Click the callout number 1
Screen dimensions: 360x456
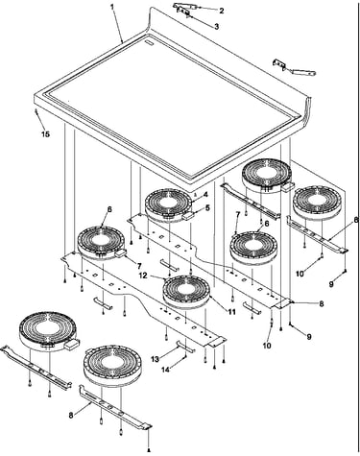click(x=112, y=7)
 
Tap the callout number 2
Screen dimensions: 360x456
click(x=221, y=11)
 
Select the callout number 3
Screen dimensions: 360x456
click(x=217, y=27)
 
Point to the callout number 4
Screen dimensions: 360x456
click(x=205, y=195)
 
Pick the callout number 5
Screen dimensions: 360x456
click(x=207, y=208)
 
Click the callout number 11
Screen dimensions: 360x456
click(x=231, y=311)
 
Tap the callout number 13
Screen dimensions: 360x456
click(x=155, y=359)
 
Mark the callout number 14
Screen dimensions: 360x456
click(x=165, y=370)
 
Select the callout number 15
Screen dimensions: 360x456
click(x=46, y=134)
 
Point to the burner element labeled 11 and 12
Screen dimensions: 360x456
click(x=186, y=292)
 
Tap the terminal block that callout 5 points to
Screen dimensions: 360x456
click(x=188, y=216)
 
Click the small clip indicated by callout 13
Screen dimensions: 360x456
click(x=185, y=347)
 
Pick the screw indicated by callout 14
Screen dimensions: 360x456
click(x=185, y=356)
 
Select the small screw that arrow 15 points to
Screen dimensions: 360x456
click(x=36, y=110)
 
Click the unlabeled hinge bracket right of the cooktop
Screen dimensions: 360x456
click(x=294, y=68)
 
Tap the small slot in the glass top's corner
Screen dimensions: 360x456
click(x=150, y=42)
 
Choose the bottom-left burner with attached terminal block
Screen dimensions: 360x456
click(x=48, y=332)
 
